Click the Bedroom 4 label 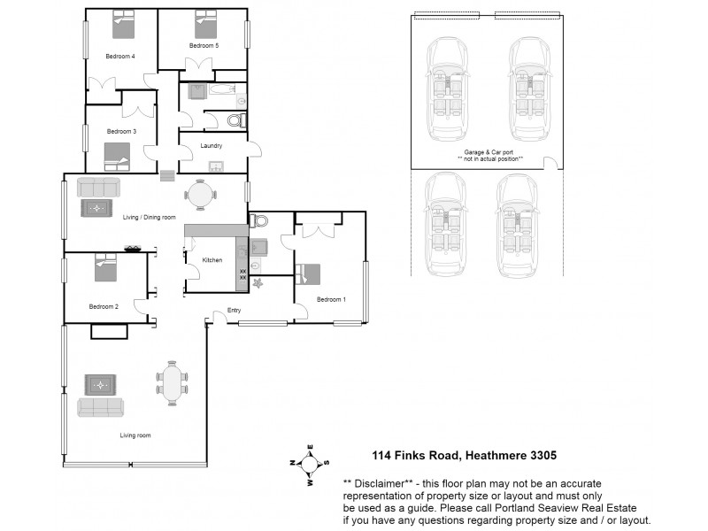[x=120, y=57]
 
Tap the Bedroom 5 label [x=203, y=45]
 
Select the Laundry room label [x=211, y=146]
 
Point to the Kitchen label [x=212, y=260]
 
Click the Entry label [x=234, y=310]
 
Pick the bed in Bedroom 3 [x=117, y=157]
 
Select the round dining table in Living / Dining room [x=200, y=193]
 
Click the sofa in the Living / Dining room [x=99, y=187]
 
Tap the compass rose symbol [x=309, y=462]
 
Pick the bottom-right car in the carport [x=518, y=224]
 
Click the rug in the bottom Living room [x=100, y=385]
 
